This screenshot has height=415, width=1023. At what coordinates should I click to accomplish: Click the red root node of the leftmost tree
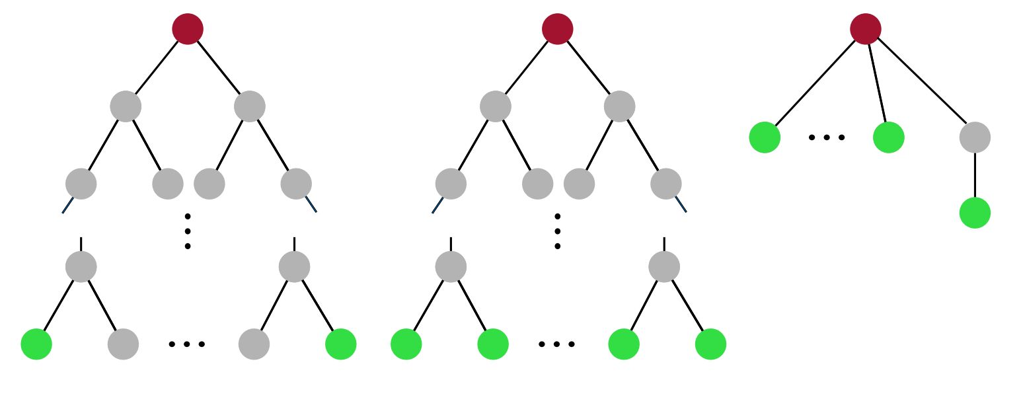(x=188, y=29)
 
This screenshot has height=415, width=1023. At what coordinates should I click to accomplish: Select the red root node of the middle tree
(x=557, y=29)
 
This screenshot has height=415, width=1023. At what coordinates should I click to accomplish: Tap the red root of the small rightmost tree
(x=866, y=29)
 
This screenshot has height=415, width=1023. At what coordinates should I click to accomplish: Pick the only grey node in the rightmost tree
(x=975, y=137)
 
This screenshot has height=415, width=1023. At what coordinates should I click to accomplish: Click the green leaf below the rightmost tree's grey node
(x=975, y=213)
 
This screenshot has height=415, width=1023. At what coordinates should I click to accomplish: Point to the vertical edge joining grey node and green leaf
(x=975, y=175)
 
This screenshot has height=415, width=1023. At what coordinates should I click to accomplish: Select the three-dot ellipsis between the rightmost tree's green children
(x=827, y=137)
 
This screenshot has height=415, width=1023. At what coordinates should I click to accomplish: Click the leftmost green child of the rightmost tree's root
(x=765, y=137)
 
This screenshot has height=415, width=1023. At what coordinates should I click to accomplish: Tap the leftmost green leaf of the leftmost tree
(x=36, y=344)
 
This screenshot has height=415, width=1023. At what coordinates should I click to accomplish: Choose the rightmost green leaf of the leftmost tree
(x=341, y=344)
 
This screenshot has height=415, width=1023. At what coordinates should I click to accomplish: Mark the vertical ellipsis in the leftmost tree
(x=188, y=231)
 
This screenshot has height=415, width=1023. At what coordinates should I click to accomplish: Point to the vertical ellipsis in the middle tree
(x=557, y=231)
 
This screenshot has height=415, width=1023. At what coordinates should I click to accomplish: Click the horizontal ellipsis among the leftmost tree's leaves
(x=187, y=344)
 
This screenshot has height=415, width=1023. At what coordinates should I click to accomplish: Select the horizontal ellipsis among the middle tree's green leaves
(x=556, y=344)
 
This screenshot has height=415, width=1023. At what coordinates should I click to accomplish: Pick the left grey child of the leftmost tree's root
(x=126, y=106)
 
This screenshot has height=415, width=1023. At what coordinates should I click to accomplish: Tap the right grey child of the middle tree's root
(x=619, y=106)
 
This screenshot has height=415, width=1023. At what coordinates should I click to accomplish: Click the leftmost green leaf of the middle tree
(x=406, y=344)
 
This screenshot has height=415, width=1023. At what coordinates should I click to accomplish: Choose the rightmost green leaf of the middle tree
(x=710, y=344)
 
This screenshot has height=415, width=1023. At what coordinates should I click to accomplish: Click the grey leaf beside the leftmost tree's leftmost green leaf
(x=123, y=344)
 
